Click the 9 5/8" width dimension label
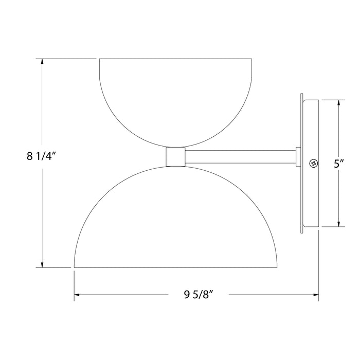[x=198, y=295]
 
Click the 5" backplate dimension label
[x=338, y=164]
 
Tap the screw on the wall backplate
[x=312, y=163]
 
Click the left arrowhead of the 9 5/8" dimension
[x=78, y=295]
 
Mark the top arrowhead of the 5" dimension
[x=338, y=102]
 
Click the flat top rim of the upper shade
[x=175, y=60]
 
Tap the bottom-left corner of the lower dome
[x=75, y=266]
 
